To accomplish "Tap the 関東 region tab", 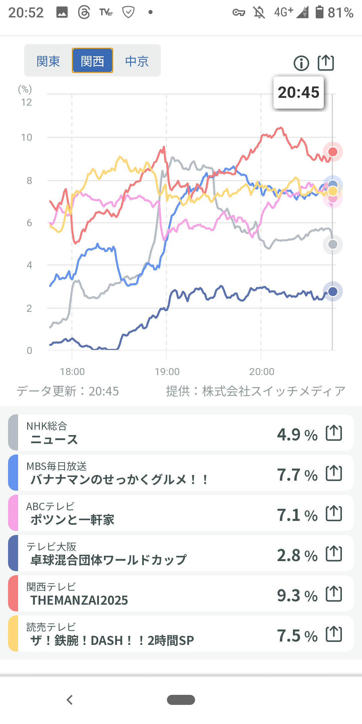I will [48, 61].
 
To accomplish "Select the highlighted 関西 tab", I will [93, 61].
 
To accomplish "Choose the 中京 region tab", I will [137, 61].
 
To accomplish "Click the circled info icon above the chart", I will [301, 63].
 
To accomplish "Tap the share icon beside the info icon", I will [326, 63].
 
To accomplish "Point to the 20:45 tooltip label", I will [299, 93].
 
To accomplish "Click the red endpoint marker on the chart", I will [333, 152].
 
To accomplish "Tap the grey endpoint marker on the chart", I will [333, 244].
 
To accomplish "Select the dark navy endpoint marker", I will [333, 291].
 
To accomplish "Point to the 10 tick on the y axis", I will [27, 137].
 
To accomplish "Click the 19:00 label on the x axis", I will [167, 372].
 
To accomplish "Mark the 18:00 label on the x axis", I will [72, 372].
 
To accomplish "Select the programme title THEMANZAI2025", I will [79, 600].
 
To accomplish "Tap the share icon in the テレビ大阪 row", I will [334, 553].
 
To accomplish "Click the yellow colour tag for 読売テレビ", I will [13, 633].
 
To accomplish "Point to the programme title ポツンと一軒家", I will [72, 520].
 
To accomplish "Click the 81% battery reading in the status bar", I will [340, 13].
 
